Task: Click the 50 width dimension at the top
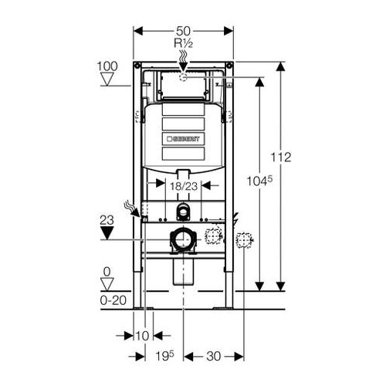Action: [x=183, y=32]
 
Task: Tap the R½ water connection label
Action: [x=183, y=43]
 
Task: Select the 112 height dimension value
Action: [x=281, y=157]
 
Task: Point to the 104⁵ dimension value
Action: [x=259, y=181]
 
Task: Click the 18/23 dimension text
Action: [x=184, y=186]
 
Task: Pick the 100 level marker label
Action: [x=107, y=66]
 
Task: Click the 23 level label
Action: [x=107, y=220]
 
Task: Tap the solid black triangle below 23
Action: [x=107, y=232]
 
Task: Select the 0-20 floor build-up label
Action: [x=113, y=300]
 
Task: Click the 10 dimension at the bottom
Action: [x=142, y=336]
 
